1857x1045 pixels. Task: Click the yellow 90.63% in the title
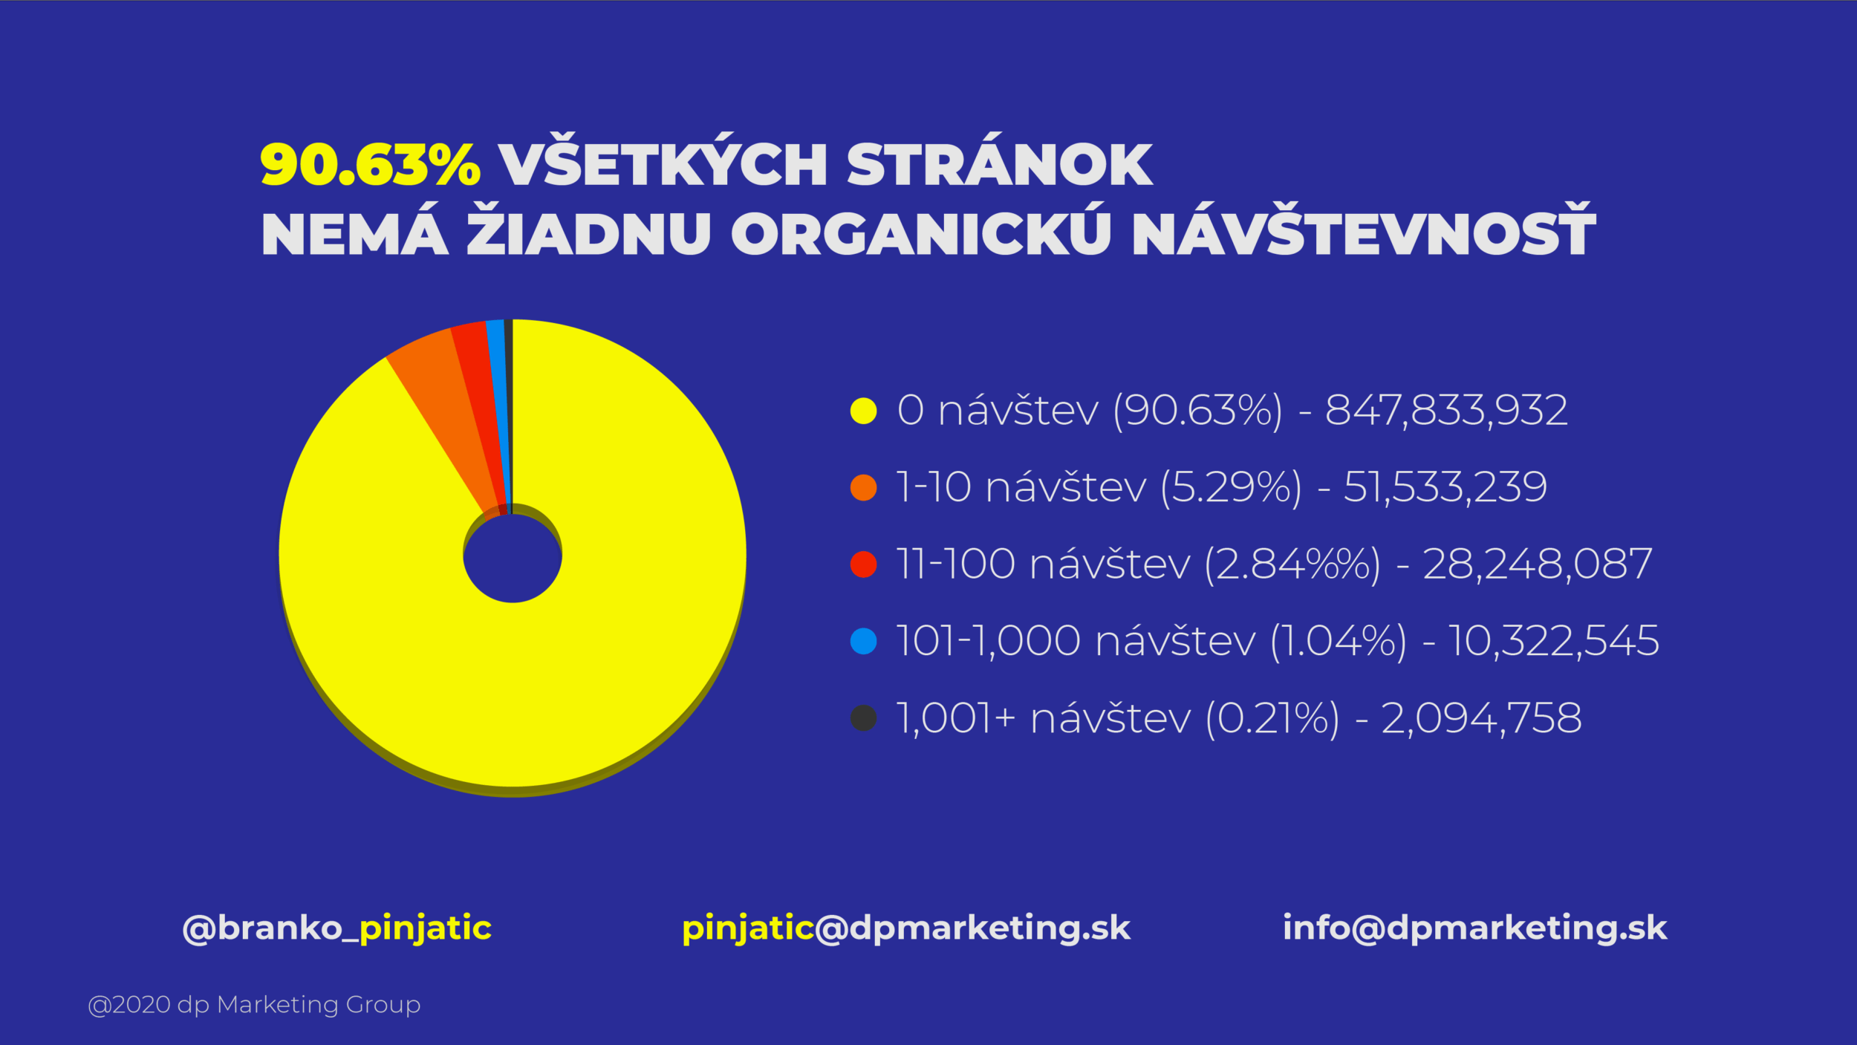click(371, 164)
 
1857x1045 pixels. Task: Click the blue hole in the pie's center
click(513, 557)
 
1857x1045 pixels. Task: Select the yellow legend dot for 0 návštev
click(863, 411)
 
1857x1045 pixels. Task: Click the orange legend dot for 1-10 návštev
click(863, 488)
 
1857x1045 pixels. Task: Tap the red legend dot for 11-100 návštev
click(863, 564)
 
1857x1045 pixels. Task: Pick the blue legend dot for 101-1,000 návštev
click(863, 641)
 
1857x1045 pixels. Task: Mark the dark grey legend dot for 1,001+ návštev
click(863, 718)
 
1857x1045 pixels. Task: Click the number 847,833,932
click(1446, 411)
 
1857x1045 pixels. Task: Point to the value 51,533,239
click(1445, 488)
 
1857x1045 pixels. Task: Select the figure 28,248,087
click(1537, 564)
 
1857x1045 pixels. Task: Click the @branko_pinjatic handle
click(336, 928)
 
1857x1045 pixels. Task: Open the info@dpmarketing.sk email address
click(1475, 928)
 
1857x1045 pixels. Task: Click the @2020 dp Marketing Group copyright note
click(254, 1005)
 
